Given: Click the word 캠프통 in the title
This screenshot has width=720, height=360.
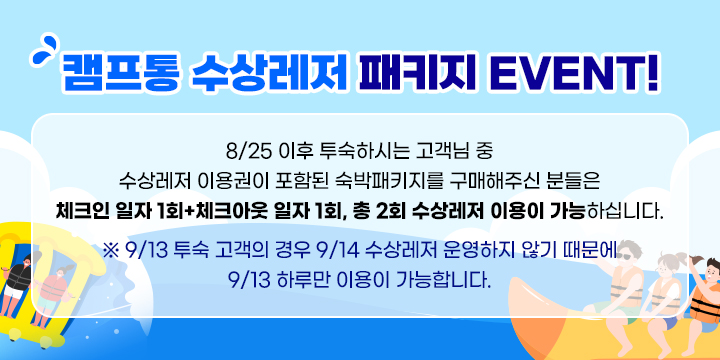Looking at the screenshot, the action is pos(120,73).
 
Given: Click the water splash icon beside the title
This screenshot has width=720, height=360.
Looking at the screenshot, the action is pos(45,50).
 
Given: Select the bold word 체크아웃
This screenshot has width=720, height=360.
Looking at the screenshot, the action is pos(231,213).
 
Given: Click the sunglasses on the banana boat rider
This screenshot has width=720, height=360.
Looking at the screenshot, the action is pos(626,256).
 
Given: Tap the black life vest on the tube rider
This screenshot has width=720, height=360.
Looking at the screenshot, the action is pos(19,276).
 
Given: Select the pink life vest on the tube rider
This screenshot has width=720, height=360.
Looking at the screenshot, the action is pos(52,287).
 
